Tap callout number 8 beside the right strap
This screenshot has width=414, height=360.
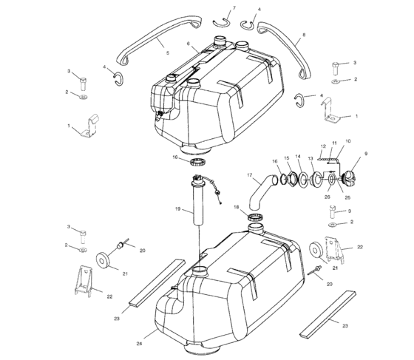pos(303,35)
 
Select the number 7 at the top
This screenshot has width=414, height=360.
pos(234,8)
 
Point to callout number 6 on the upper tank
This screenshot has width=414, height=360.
pos(189,44)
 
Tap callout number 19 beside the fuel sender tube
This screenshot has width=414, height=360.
pos(179,210)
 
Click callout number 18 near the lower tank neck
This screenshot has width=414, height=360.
pos(236,208)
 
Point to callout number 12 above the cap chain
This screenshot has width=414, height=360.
pos(323,146)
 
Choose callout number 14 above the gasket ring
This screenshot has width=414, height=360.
pos(298,157)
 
